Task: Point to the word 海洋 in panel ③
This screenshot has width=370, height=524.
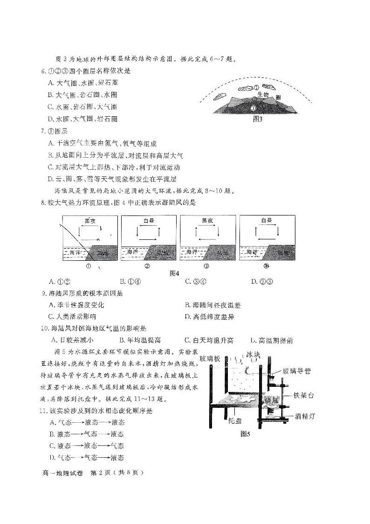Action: (x=192, y=252)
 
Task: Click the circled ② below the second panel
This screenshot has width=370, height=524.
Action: (x=147, y=267)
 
